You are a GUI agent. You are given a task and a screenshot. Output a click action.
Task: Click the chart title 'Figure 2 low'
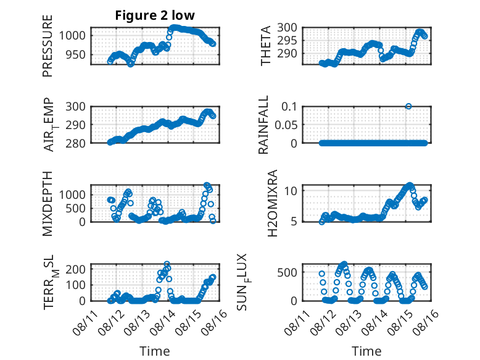pos(155,15)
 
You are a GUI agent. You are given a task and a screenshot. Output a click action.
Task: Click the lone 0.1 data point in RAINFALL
pos(408,106)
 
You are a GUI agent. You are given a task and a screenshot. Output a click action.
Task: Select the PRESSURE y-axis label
pos(48,46)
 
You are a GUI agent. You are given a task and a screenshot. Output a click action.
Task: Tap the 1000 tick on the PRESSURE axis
pos(72,36)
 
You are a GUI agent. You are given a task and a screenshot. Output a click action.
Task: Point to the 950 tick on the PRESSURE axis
pos(76,55)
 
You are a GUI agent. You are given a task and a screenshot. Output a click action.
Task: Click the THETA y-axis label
pos(266,46)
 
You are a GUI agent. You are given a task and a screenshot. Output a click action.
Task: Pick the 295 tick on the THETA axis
pos(287,40)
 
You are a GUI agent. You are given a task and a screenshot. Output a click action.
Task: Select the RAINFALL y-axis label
pos(263,125)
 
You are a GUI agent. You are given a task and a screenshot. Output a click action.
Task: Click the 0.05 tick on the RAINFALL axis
pos(286,125)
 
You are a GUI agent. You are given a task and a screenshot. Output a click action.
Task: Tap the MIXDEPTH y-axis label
pos(48,204)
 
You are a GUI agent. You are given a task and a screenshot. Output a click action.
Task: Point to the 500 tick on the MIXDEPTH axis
pos(76,208)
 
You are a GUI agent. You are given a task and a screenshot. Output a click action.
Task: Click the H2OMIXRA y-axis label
pos(272,203)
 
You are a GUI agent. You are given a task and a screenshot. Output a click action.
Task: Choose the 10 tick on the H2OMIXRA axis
pos(291,191)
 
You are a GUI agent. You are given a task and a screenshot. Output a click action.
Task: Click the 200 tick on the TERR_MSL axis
pos(76,269)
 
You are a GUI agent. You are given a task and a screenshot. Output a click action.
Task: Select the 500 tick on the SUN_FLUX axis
pos(287,272)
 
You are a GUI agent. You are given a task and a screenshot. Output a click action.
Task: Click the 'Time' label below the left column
pos(155,351)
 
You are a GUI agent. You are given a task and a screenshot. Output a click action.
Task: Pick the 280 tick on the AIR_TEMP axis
pos(76,143)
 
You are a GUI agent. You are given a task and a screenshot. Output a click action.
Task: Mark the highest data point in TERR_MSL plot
pos(167,264)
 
